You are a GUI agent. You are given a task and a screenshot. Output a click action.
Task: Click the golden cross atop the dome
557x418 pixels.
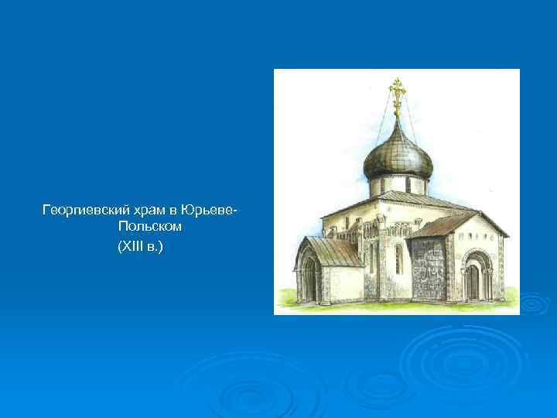[398, 95]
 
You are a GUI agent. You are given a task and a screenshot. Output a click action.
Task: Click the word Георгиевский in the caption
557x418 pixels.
[83, 210]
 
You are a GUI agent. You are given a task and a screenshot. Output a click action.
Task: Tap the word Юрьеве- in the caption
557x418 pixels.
[208, 210]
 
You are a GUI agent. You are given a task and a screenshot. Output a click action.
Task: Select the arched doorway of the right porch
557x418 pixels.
[471, 279]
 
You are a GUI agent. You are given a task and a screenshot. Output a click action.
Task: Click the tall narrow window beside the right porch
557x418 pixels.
[398, 259]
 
